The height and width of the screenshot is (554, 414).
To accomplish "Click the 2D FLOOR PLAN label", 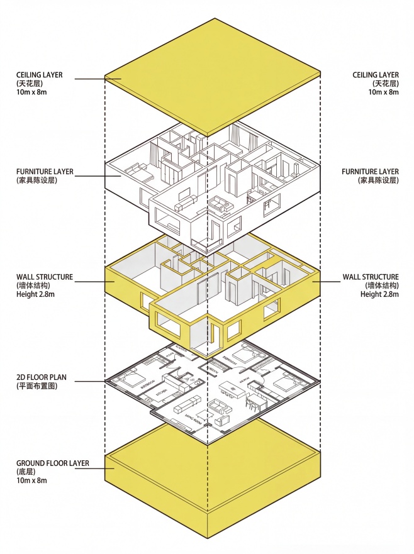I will pyautogui.click(x=42, y=377).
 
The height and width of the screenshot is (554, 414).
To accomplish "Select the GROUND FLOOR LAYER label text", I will pyautogui.click(x=52, y=463).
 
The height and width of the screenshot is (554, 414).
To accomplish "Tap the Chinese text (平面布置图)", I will pyautogui.click(x=37, y=386).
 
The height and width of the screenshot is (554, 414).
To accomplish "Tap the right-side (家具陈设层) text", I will pyautogui.click(x=379, y=180).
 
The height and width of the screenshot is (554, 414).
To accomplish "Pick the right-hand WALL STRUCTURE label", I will pyautogui.click(x=371, y=277).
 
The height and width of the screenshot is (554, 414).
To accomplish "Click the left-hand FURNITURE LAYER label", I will pyautogui.click(x=45, y=171).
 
